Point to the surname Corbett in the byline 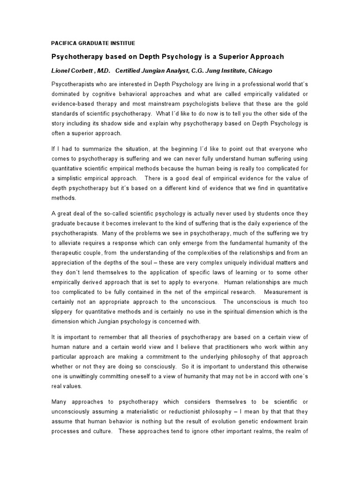[88, 71]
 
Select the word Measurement [288, 292]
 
